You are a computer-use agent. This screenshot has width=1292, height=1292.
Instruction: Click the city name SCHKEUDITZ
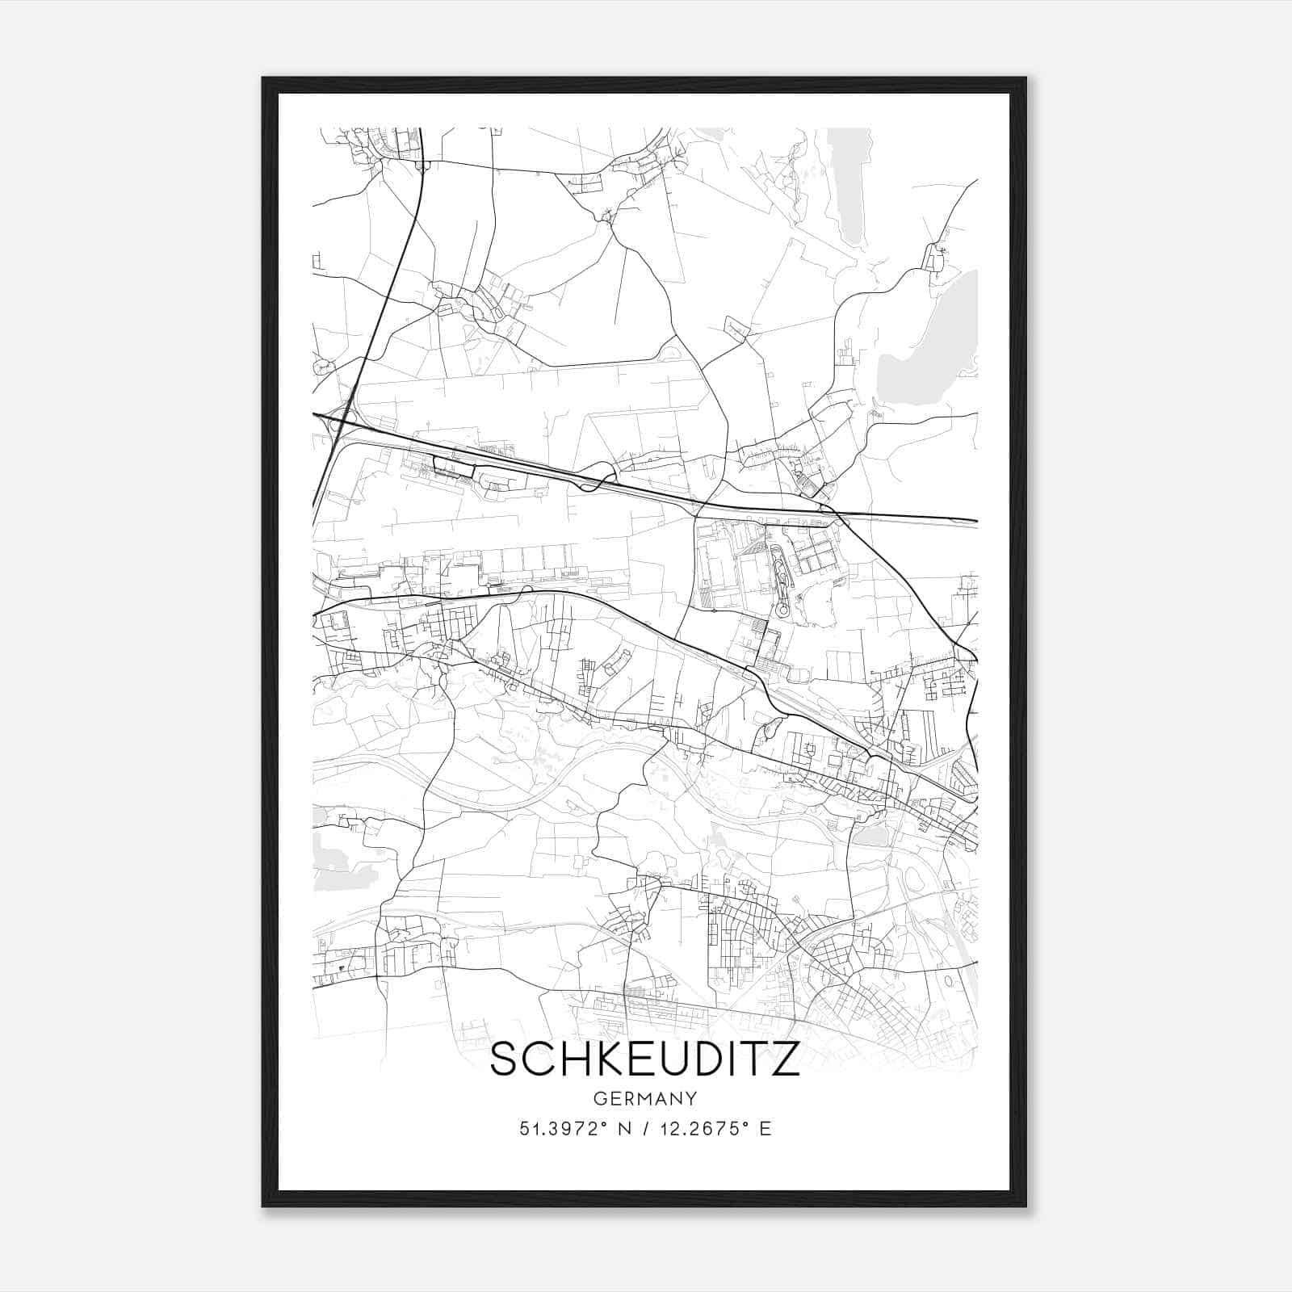[644, 1059]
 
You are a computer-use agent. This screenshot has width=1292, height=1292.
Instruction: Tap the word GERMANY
[644, 1099]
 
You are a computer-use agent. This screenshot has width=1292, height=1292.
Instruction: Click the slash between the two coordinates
[644, 1129]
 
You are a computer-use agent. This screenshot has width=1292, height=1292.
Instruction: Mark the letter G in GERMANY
[598, 1099]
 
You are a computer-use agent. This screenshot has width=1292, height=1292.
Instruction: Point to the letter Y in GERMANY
[691, 1099]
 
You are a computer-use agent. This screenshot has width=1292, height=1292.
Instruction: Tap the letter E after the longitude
[766, 1129]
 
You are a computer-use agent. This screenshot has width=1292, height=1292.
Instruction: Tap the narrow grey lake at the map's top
[853, 186]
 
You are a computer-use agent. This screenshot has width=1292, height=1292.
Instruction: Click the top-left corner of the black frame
[264, 79]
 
